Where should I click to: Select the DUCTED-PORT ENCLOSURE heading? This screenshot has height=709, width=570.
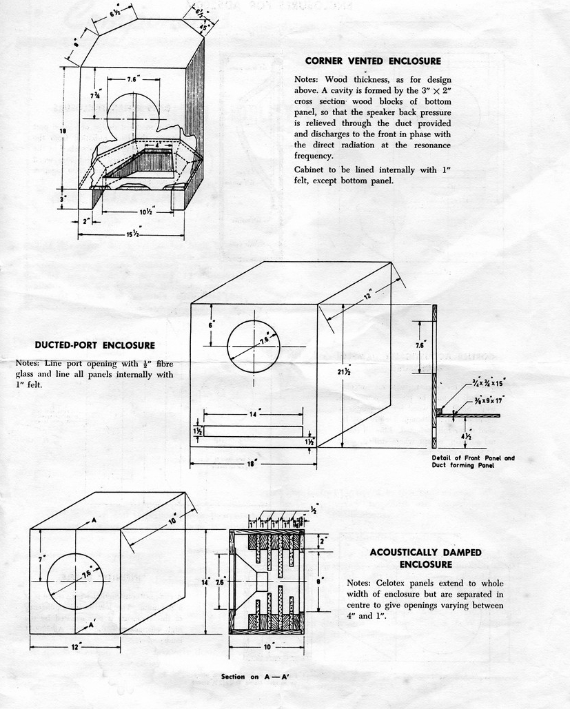95,345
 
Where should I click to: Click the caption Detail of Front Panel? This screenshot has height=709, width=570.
473,458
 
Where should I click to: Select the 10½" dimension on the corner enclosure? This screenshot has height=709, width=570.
145,212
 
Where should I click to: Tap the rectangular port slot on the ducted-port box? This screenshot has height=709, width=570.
254,431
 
